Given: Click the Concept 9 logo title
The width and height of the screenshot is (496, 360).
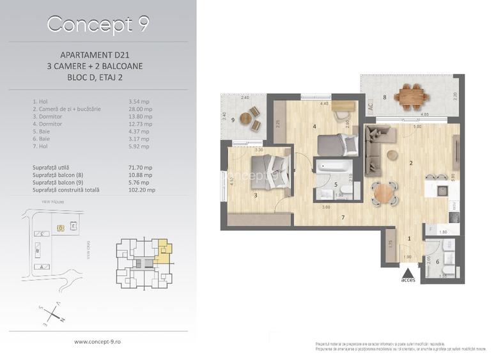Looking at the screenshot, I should [x=98, y=24].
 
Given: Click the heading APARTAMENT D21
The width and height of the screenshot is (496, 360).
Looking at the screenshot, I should [x=98, y=56].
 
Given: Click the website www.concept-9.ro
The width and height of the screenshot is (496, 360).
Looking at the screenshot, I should [x=98, y=341].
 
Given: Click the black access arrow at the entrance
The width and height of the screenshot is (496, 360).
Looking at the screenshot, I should [x=408, y=272].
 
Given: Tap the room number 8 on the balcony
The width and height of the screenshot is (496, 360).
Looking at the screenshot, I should [x=384, y=98].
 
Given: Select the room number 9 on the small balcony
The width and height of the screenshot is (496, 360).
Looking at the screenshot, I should [x=233, y=120].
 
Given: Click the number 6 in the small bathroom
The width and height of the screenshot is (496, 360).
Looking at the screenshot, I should [x=437, y=261].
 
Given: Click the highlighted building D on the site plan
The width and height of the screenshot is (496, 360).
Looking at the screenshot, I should [x=61, y=227].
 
